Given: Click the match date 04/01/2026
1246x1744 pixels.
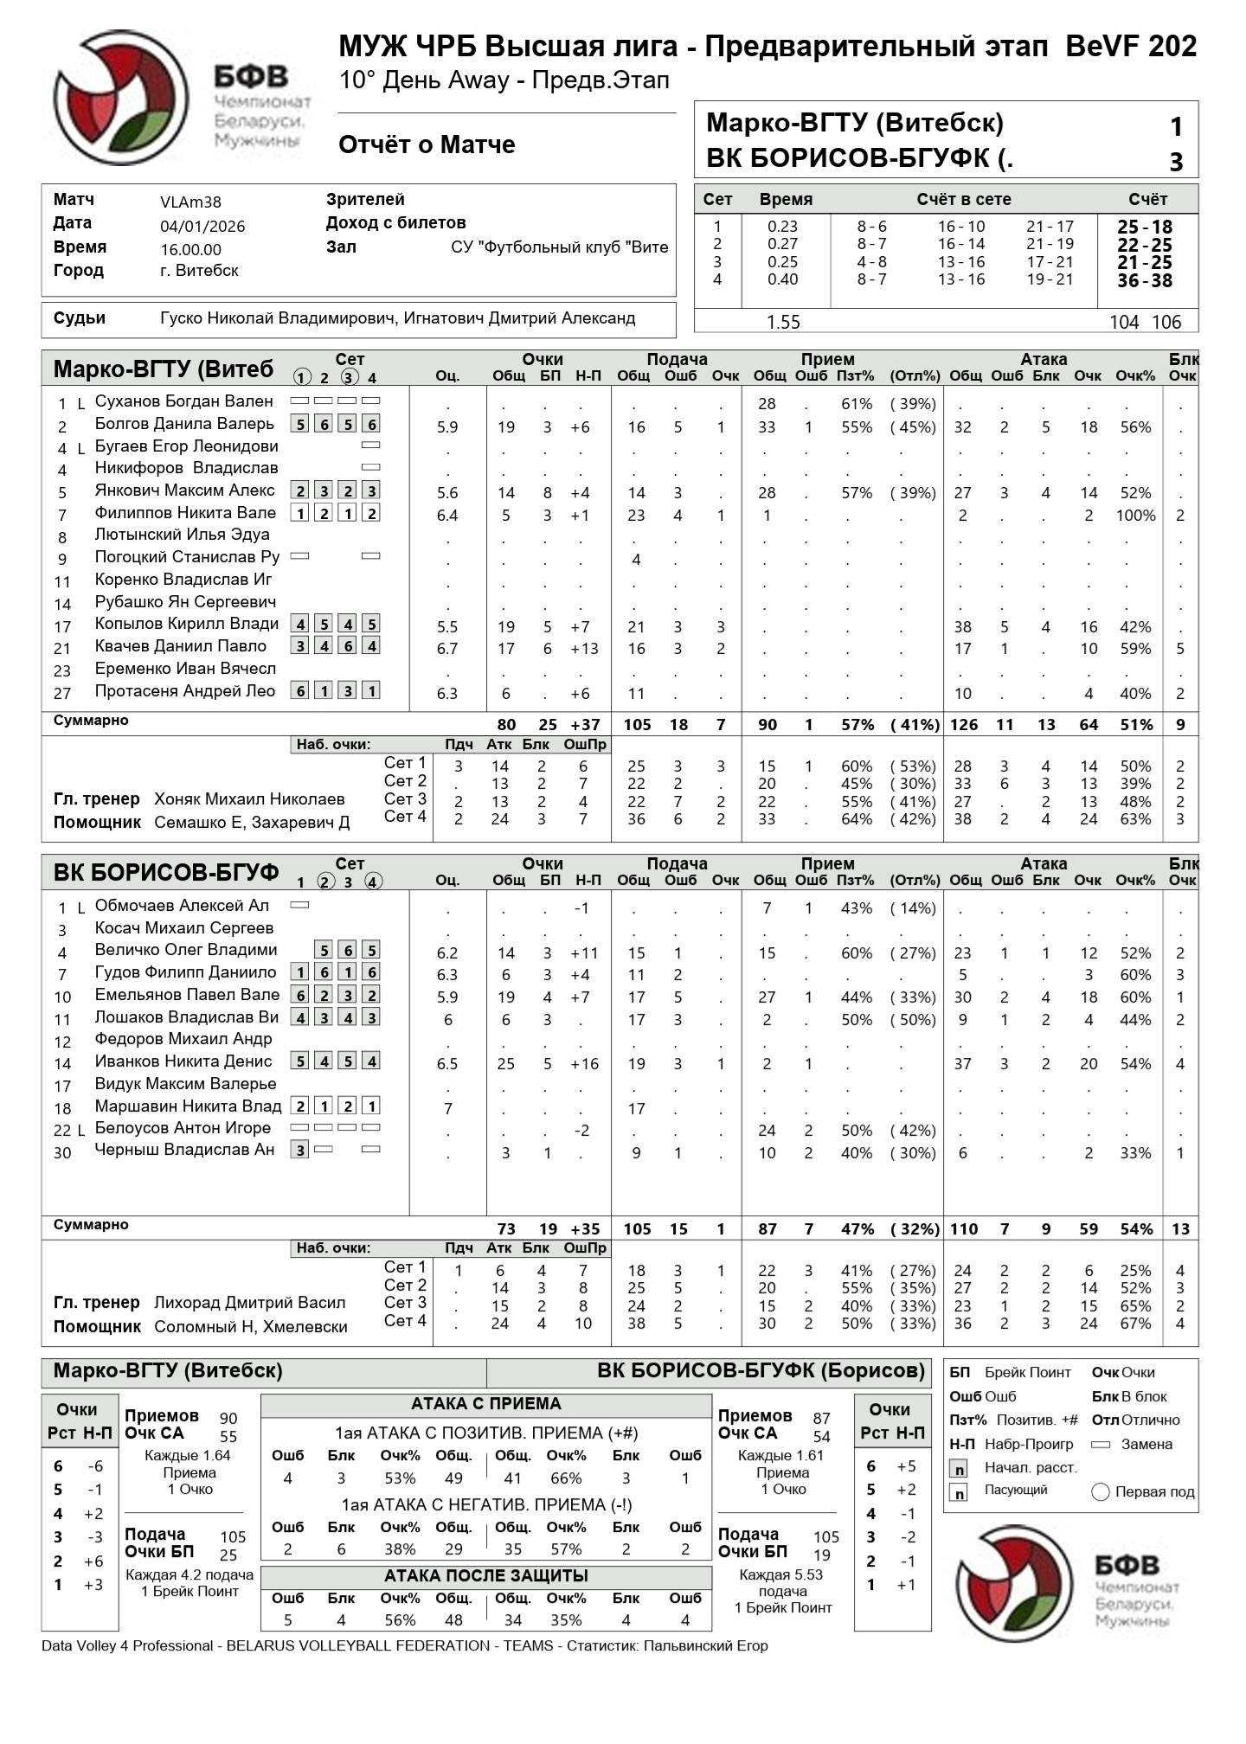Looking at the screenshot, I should (202, 227).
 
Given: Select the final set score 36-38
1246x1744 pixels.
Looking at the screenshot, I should (1144, 280).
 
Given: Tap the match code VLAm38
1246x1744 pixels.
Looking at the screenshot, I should (190, 202).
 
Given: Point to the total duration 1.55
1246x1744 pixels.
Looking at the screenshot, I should (783, 322).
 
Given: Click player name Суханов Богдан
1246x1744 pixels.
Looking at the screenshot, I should (183, 401).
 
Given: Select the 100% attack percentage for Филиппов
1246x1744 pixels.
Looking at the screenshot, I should (1135, 516).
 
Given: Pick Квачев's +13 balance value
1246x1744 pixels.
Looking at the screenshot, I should (584, 649).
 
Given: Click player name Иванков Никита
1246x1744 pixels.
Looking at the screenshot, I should (183, 1061).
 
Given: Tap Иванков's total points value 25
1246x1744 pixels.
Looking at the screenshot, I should (506, 1064).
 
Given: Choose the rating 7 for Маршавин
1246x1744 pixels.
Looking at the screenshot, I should (448, 1108).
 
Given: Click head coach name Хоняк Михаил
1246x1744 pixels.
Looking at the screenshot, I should (249, 799).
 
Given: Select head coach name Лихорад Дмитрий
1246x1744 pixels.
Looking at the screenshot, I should (249, 1303).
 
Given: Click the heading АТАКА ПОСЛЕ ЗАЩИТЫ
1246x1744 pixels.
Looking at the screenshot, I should (485, 1575).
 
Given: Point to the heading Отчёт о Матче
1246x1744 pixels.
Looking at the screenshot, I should (427, 144).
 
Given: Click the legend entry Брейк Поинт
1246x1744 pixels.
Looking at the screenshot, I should (1027, 1373).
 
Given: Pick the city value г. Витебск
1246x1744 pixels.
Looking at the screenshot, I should (199, 271).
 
